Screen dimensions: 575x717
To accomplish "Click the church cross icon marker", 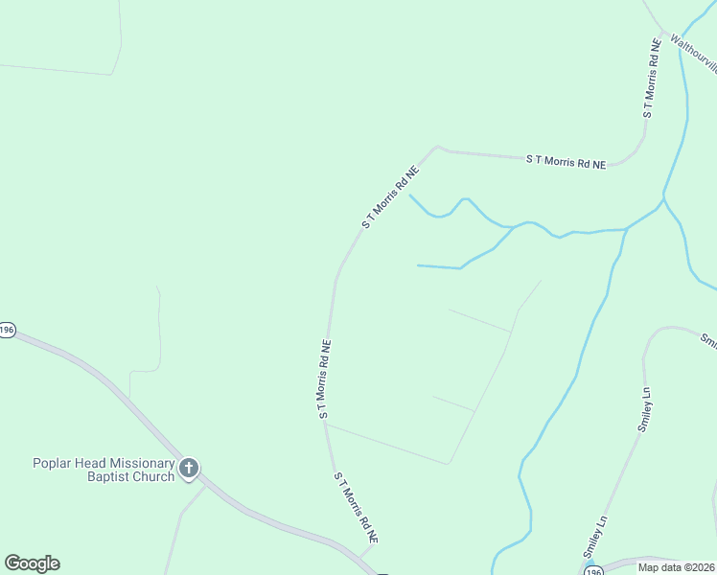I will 189,469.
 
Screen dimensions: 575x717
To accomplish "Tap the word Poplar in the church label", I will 54,463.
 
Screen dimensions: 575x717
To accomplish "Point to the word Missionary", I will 144,463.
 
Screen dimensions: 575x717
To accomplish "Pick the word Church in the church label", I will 154,476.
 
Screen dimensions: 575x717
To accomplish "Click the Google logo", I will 32,563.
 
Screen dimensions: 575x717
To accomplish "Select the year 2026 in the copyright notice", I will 702,567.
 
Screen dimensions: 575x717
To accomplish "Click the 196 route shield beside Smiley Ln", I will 594,571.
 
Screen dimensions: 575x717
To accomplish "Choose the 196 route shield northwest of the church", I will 7,329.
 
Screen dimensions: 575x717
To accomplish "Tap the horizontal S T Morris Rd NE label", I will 566,162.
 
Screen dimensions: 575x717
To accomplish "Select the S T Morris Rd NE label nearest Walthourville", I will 652,79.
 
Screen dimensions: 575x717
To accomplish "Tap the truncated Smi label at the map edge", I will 707,340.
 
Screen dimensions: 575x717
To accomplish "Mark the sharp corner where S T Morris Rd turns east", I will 437,148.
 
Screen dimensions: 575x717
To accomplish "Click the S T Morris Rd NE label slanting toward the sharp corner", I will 391,197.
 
